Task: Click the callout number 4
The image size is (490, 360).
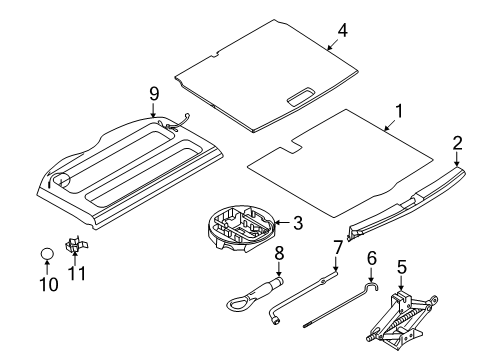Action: coord(342,30)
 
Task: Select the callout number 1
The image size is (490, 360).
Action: coord(399,111)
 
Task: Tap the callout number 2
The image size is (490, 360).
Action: coord(457,143)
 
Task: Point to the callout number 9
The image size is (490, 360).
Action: coord(154,94)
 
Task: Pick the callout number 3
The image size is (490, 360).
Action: coord(298,223)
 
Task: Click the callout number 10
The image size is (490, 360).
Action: coord(49,284)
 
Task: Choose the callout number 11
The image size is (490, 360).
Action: coord(77,273)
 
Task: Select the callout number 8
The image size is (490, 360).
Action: coord(279,253)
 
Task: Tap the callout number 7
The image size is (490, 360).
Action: coord(338,247)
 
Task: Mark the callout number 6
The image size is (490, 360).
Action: coord(372,258)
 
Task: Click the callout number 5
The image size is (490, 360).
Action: coord(402,267)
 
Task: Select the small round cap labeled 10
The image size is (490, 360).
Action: coord(47,254)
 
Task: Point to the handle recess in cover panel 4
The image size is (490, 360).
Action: coord(300,96)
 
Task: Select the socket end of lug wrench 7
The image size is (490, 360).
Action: coord(275,321)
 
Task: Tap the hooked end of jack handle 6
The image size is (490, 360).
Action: coord(372,286)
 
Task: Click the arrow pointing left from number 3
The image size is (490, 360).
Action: coord(282,223)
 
